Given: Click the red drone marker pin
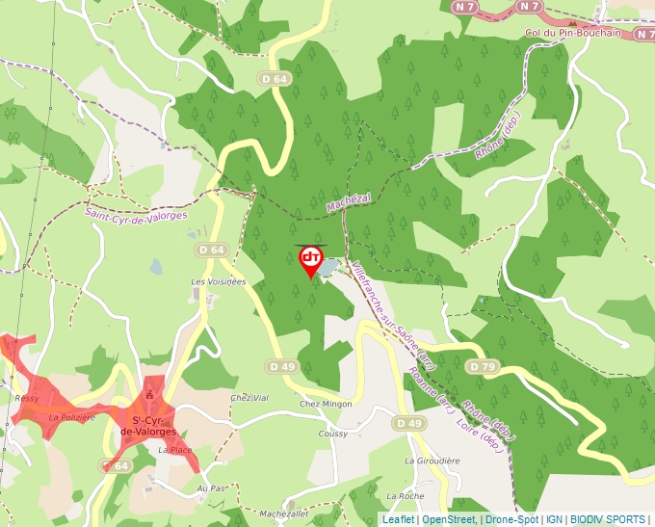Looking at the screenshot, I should click(x=310, y=260).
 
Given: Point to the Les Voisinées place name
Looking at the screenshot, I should click(x=219, y=281).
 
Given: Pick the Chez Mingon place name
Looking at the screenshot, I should click(x=327, y=404).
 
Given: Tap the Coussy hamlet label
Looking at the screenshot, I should click(x=332, y=434).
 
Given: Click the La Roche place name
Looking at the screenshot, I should click(x=405, y=495).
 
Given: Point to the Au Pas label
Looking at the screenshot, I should click(x=210, y=488).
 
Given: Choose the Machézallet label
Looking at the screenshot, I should click(x=283, y=514).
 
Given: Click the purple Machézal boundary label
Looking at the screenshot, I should click(x=348, y=203).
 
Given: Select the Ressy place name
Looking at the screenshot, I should click(x=26, y=398).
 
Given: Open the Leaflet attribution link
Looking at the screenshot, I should click(x=398, y=519).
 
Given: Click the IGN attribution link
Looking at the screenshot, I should click(x=554, y=519).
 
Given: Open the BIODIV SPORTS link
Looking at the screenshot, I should click(x=608, y=519).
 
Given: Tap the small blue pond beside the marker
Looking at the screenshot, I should click(x=328, y=267).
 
